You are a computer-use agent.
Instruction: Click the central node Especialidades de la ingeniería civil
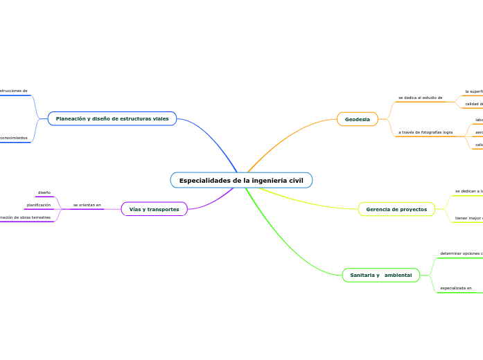click(241, 181)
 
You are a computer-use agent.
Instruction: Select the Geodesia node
click(358, 120)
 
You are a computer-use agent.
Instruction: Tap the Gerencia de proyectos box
click(396, 209)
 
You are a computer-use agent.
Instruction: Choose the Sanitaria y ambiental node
click(380, 276)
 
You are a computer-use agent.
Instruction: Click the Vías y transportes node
click(154, 209)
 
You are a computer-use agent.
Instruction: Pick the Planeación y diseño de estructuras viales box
click(112, 119)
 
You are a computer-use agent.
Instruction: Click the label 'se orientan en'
click(87, 205)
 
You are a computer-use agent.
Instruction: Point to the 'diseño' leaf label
click(44, 192)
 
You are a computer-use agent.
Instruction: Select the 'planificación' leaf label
click(39, 205)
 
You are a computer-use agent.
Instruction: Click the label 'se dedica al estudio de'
click(420, 98)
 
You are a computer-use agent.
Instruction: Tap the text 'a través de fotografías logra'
click(425, 132)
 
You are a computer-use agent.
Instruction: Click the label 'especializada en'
click(456, 287)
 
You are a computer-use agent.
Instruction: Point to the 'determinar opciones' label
click(460, 253)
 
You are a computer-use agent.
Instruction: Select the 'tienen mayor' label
click(468, 218)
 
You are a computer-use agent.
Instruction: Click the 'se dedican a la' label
click(468, 191)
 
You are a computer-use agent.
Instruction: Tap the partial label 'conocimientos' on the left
click(14, 138)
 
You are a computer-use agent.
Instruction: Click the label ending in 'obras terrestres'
click(26, 217)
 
